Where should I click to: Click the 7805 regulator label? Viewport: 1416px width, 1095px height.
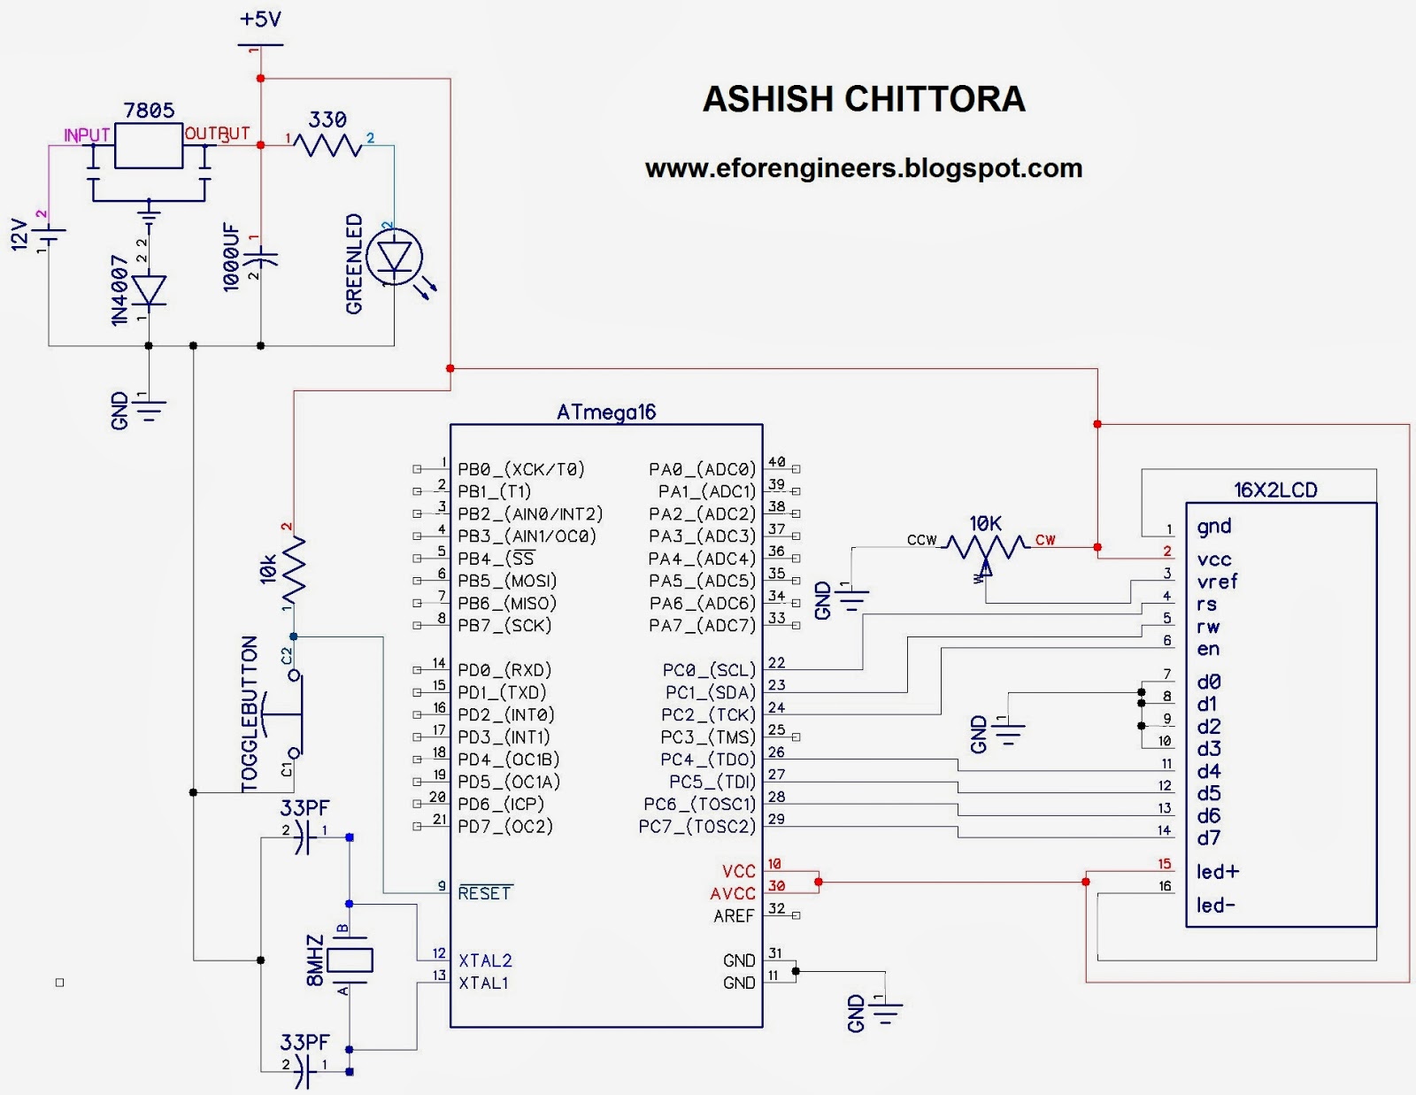149,111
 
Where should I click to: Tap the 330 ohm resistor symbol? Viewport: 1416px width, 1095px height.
328,145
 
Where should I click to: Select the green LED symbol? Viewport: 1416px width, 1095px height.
394,258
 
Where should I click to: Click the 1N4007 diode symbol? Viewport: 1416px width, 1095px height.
149,290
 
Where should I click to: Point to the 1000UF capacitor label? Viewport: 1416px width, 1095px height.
231,258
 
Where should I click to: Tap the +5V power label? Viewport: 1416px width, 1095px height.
260,19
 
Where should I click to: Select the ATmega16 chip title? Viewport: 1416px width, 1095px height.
606,413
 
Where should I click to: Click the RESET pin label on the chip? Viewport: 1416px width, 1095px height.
485,893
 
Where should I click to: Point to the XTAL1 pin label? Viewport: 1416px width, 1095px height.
483,983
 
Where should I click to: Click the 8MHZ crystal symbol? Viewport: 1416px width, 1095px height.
350,960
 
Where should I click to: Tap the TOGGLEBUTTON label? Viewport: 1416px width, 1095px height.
250,713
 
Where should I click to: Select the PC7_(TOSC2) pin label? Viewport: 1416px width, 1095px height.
697,827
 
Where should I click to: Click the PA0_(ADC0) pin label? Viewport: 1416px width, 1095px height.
703,469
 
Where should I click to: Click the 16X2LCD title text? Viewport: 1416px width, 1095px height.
1275,490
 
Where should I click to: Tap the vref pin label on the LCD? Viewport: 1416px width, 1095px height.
1217,582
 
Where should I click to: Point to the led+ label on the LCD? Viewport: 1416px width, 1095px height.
1218,872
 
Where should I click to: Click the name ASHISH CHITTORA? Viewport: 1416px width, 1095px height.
864,99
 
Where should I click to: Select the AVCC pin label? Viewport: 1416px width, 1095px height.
733,894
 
